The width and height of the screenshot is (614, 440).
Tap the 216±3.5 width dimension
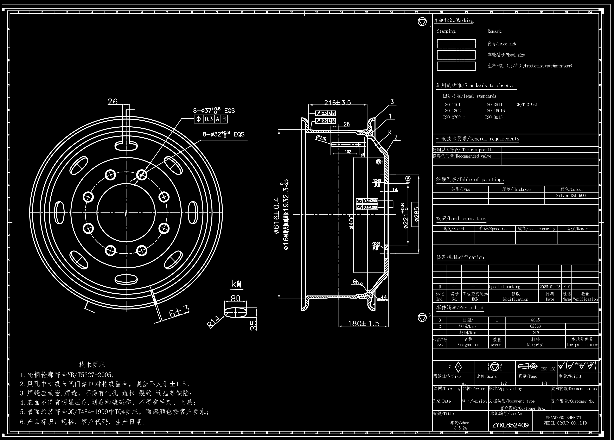[337, 102]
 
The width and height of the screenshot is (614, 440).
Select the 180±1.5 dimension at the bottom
[363, 323]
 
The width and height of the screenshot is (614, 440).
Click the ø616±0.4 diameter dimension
[276, 215]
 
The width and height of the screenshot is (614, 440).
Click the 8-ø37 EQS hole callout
[214, 110]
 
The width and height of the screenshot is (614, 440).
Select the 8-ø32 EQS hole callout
[223, 134]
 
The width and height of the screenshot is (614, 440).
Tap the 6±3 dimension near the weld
[179, 311]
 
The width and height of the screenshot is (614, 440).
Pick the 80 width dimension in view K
[235, 298]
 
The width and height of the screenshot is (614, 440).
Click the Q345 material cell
[535, 320]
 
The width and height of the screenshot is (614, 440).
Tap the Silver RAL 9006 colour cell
[571, 196]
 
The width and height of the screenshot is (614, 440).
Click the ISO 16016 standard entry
[495, 111]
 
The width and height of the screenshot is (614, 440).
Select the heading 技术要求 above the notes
[92, 364]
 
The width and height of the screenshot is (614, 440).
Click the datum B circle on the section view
[378, 162]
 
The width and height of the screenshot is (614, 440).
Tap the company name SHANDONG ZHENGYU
[564, 418]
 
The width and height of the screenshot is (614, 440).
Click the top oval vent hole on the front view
[126, 146]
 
